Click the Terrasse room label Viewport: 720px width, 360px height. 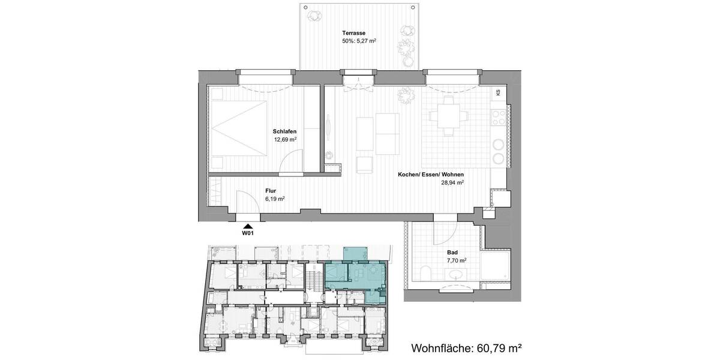[x=355, y=33]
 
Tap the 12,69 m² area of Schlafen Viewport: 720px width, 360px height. [x=284, y=139]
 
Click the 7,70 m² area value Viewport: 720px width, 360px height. [x=457, y=261]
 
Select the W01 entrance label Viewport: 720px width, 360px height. [x=247, y=233]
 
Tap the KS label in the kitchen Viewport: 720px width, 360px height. [x=499, y=93]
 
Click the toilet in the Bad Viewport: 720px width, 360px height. [x=424, y=274]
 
